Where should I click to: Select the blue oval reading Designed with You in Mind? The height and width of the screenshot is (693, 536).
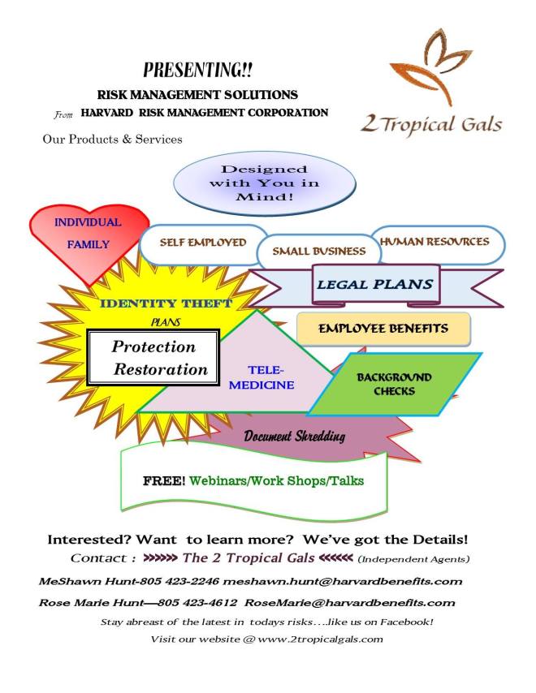click(265, 183)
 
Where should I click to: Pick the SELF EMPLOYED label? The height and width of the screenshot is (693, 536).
click(202, 243)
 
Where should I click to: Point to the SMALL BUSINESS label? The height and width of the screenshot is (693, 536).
click(318, 251)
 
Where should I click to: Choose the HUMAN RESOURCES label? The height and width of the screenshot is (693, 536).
click(434, 242)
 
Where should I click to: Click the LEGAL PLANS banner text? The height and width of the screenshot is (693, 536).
click(374, 285)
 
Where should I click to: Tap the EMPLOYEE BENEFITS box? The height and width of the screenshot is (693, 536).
click(383, 329)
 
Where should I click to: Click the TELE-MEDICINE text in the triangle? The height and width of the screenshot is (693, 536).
click(261, 377)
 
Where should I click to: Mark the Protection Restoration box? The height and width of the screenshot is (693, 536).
click(153, 358)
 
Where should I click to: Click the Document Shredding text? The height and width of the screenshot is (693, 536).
click(294, 437)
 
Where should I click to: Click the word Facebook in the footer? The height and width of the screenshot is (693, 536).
click(400, 622)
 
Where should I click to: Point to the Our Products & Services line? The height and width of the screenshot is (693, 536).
click(112, 139)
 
